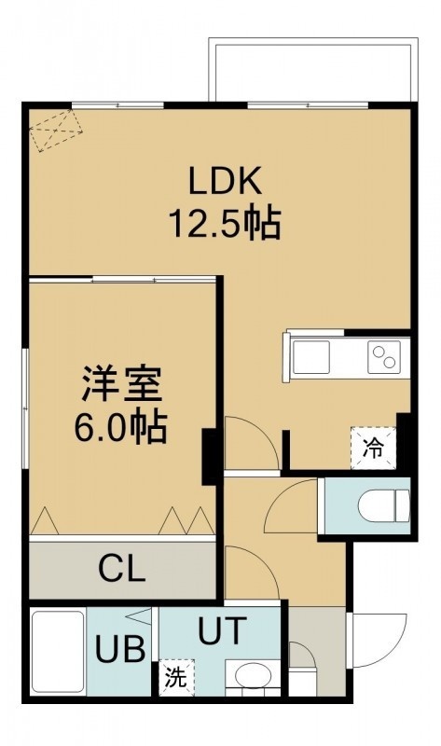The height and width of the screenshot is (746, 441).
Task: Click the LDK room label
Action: click(x=225, y=181)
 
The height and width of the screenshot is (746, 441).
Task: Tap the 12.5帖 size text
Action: click(x=225, y=223)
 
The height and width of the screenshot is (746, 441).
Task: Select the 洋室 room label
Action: click(x=122, y=384)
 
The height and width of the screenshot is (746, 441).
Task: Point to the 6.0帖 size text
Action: click(x=120, y=427)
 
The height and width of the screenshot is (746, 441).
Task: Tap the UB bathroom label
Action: click(x=120, y=649)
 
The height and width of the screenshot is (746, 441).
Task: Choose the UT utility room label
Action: click(x=222, y=630)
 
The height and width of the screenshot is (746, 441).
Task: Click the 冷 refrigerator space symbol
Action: click(x=374, y=449)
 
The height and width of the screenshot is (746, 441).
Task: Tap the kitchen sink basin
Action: click(x=311, y=357)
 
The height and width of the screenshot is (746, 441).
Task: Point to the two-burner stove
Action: click(x=384, y=357)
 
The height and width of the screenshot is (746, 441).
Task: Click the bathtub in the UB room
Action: click(x=58, y=651)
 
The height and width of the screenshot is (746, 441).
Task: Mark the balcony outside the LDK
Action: click(x=313, y=72)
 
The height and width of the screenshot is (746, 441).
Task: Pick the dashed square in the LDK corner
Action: click(x=56, y=131)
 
